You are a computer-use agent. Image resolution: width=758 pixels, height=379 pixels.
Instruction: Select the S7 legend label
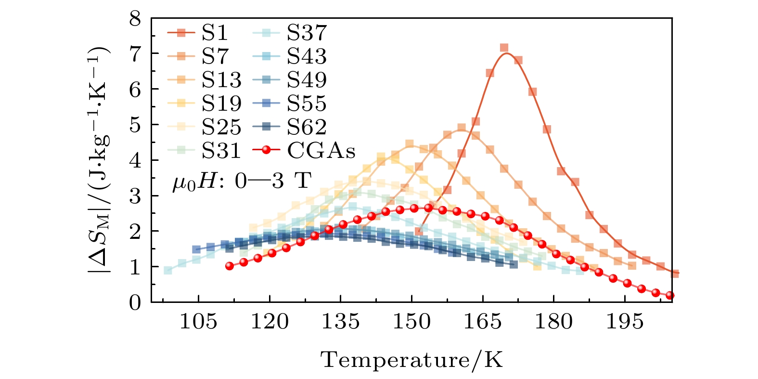(x=214, y=56)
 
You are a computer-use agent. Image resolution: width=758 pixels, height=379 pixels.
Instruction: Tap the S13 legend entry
(x=221, y=80)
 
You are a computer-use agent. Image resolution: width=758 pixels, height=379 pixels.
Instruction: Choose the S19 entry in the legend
(x=221, y=104)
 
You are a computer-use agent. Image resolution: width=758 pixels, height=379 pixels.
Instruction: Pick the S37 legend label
(x=307, y=33)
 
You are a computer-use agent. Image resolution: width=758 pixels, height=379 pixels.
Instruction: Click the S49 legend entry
(x=307, y=80)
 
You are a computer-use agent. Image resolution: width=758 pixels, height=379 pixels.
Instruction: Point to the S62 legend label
(x=307, y=127)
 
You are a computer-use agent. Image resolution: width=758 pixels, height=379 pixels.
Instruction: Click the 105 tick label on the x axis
(x=198, y=321)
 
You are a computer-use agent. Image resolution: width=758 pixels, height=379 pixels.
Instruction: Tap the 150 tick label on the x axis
(x=411, y=321)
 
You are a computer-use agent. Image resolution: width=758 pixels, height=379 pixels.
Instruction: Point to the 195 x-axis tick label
(x=625, y=321)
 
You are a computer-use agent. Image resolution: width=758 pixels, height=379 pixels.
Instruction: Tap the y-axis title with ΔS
(x=99, y=161)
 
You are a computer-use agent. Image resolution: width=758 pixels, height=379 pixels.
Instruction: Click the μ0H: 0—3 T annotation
(x=242, y=182)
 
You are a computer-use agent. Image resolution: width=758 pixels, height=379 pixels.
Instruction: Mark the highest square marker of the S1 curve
(x=504, y=48)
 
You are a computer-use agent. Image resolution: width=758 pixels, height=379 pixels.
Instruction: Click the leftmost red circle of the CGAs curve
(x=230, y=266)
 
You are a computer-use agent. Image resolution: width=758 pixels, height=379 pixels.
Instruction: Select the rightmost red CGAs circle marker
(x=669, y=296)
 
